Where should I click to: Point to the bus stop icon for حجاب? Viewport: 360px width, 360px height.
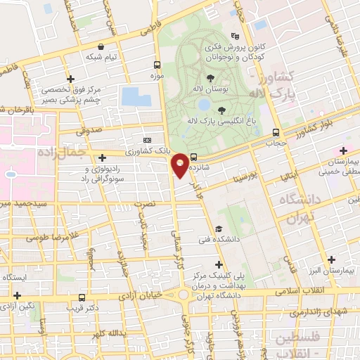pos(275,131)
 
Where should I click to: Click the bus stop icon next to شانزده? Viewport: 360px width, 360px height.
pos(193,157)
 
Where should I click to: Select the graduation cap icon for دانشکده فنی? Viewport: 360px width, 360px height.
pos(219,229)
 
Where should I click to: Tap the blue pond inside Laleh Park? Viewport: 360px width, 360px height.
pos(204,104)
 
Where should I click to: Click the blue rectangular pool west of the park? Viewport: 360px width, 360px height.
pos(136,96)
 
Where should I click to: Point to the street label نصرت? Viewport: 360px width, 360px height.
pos(144,205)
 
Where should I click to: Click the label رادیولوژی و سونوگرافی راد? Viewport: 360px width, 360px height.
pos(110,174)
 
